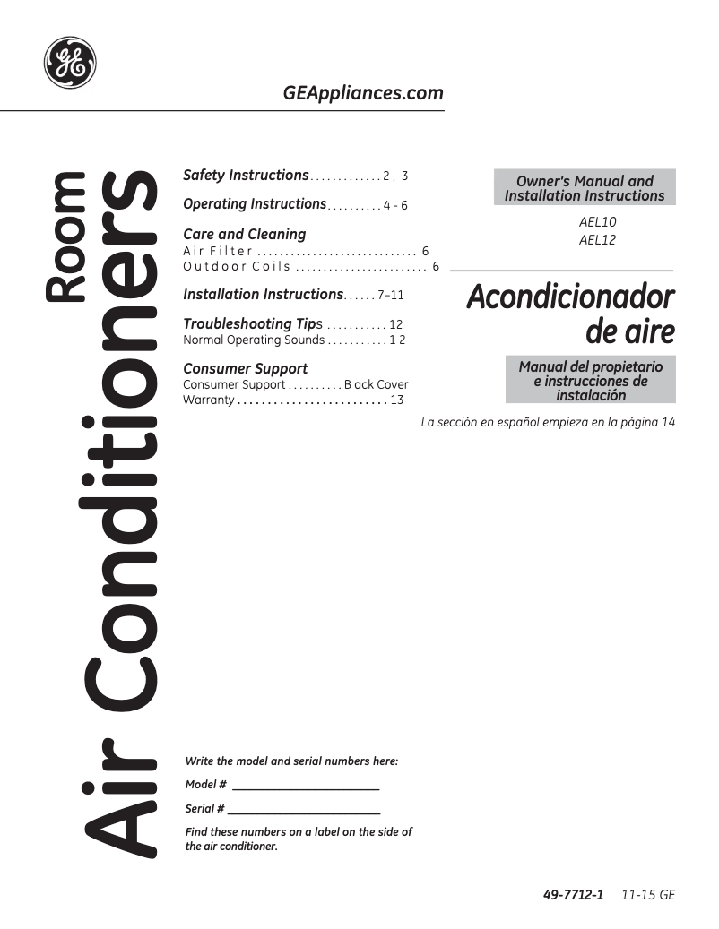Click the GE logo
[x=70, y=63]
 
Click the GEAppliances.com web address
[x=362, y=93]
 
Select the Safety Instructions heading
[x=246, y=176]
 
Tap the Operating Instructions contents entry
[x=255, y=204]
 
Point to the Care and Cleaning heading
[x=244, y=234]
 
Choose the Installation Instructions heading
[x=263, y=294]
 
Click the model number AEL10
[x=598, y=221]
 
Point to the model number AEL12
[x=598, y=239]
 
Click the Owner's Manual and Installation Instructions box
[x=585, y=188]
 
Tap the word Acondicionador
[x=570, y=297]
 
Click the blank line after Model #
[x=305, y=787]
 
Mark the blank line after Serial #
[x=304, y=810]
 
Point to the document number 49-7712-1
[x=574, y=895]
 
